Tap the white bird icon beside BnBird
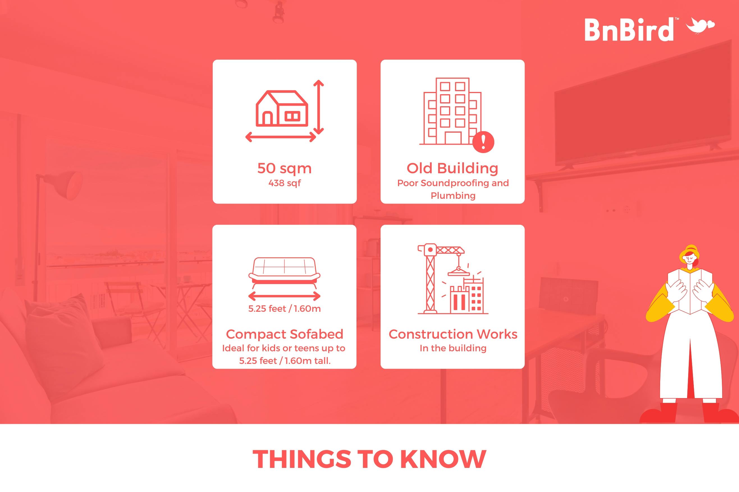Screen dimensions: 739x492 700,25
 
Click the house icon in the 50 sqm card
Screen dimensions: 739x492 282,108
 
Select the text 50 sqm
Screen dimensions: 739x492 285,168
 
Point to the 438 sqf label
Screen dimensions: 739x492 285,183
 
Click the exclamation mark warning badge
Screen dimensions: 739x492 483,142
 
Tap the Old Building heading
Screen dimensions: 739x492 452,168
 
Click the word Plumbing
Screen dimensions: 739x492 453,196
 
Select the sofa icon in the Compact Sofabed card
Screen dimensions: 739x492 284,272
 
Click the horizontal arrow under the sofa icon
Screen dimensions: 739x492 284,296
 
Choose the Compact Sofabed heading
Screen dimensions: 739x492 285,334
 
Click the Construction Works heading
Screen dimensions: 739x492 453,334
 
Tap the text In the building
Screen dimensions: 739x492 453,348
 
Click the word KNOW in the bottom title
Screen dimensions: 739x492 443,459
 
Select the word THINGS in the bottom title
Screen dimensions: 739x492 302,459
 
